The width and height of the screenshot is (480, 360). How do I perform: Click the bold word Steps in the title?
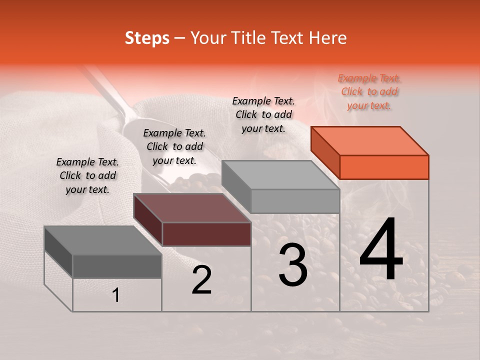pyautogui.click(x=146, y=38)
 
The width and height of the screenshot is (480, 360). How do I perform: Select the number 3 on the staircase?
pyautogui.click(x=292, y=264)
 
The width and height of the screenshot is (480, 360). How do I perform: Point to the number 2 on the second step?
pyautogui.click(x=201, y=280)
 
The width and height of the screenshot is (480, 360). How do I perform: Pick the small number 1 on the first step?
pyautogui.click(x=116, y=295)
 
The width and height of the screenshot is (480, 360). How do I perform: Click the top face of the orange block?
pyautogui.click(x=370, y=140)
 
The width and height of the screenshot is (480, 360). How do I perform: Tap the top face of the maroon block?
pyautogui.click(x=192, y=208)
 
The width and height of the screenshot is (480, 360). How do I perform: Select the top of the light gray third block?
pyautogui.click(x=280, y=175)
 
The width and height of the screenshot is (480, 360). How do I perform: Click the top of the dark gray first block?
pyautogui.click(x=103, y=240)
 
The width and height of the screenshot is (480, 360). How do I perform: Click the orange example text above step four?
pyautogui.click(x=369, y=91)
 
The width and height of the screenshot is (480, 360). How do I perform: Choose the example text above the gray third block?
pyautogui.click(x=263, y=114)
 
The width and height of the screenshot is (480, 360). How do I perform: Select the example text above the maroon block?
pyautogui.click(x=174, y=146)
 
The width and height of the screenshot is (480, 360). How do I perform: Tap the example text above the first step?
pyautogui.click(x=87, y=175)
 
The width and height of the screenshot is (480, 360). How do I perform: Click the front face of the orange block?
pyautogui.click(x=384, y=167)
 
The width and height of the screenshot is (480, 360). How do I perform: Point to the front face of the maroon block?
pyautogui.click(x=206, y=234)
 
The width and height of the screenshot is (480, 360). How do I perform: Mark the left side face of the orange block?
pyautogui.click(x=325, y=152)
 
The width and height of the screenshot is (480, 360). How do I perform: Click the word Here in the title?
pyautogui.click(x=330, y=38)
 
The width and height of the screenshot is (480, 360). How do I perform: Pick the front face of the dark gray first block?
pyautogui.click(x=117, y=266)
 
